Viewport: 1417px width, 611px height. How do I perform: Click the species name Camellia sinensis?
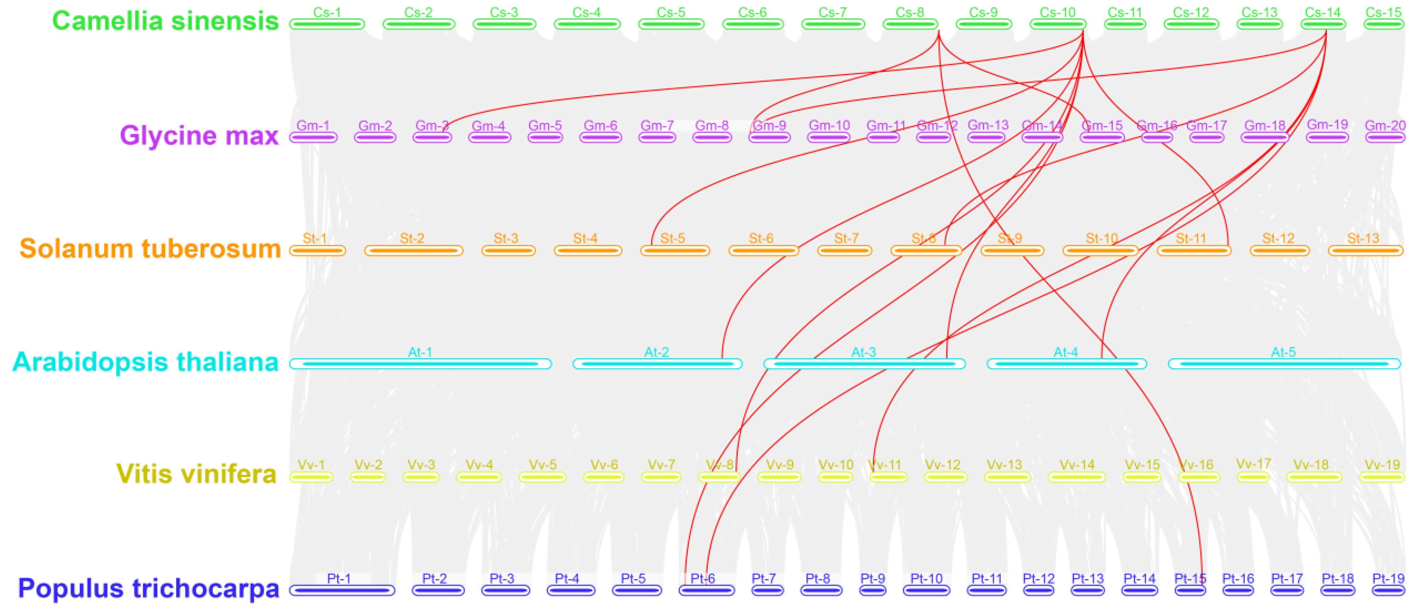tap(165, 21)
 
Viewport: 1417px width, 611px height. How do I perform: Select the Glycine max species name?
tap(199, 135)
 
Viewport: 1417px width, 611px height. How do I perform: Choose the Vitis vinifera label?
tap(196, 474)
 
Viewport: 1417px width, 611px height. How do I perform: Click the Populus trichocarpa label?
tap(148, 588)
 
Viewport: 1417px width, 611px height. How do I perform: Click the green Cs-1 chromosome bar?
tap(327, 24)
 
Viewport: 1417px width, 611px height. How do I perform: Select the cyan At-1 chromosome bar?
tap(420, 364)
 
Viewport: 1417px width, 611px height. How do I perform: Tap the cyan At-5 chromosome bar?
tap(1284, 364)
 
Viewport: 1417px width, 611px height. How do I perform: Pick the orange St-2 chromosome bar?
tap(414, 250)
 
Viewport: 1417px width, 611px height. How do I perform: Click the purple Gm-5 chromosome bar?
tap(545, 137)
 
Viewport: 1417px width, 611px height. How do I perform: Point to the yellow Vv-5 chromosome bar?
tap(543, 476)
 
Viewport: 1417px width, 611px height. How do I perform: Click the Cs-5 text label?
tap(671, 12)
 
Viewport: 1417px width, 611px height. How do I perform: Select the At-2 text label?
tap(656, 352)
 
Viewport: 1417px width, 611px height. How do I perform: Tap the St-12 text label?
tap(1278, 238)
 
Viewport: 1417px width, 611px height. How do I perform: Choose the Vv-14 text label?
tap(1077, 464)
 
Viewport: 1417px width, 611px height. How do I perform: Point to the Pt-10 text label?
tap(926, 579)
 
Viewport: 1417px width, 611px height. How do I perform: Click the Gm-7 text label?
tap(657, 125)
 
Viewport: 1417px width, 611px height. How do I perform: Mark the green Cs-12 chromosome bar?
tap(1191, 24)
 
